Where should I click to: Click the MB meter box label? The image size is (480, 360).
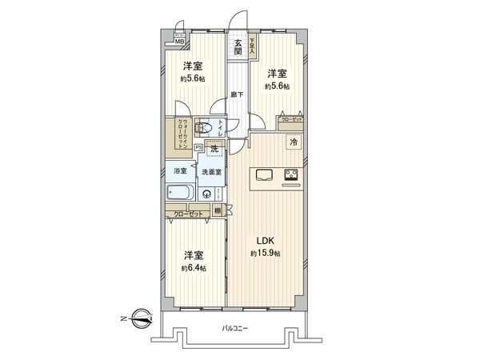[181, 42]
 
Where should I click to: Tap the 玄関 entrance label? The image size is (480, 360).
[238, 47]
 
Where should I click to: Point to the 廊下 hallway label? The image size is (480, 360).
[238, 94]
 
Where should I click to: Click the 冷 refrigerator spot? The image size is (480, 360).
[294, 142]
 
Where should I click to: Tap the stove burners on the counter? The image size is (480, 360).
[291, 174]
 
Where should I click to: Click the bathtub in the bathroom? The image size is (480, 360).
[179, 194]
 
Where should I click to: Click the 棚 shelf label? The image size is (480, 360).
[217, 210]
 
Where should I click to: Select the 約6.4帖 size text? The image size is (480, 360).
[193, 268]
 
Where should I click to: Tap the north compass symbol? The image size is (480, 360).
[140, 319]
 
